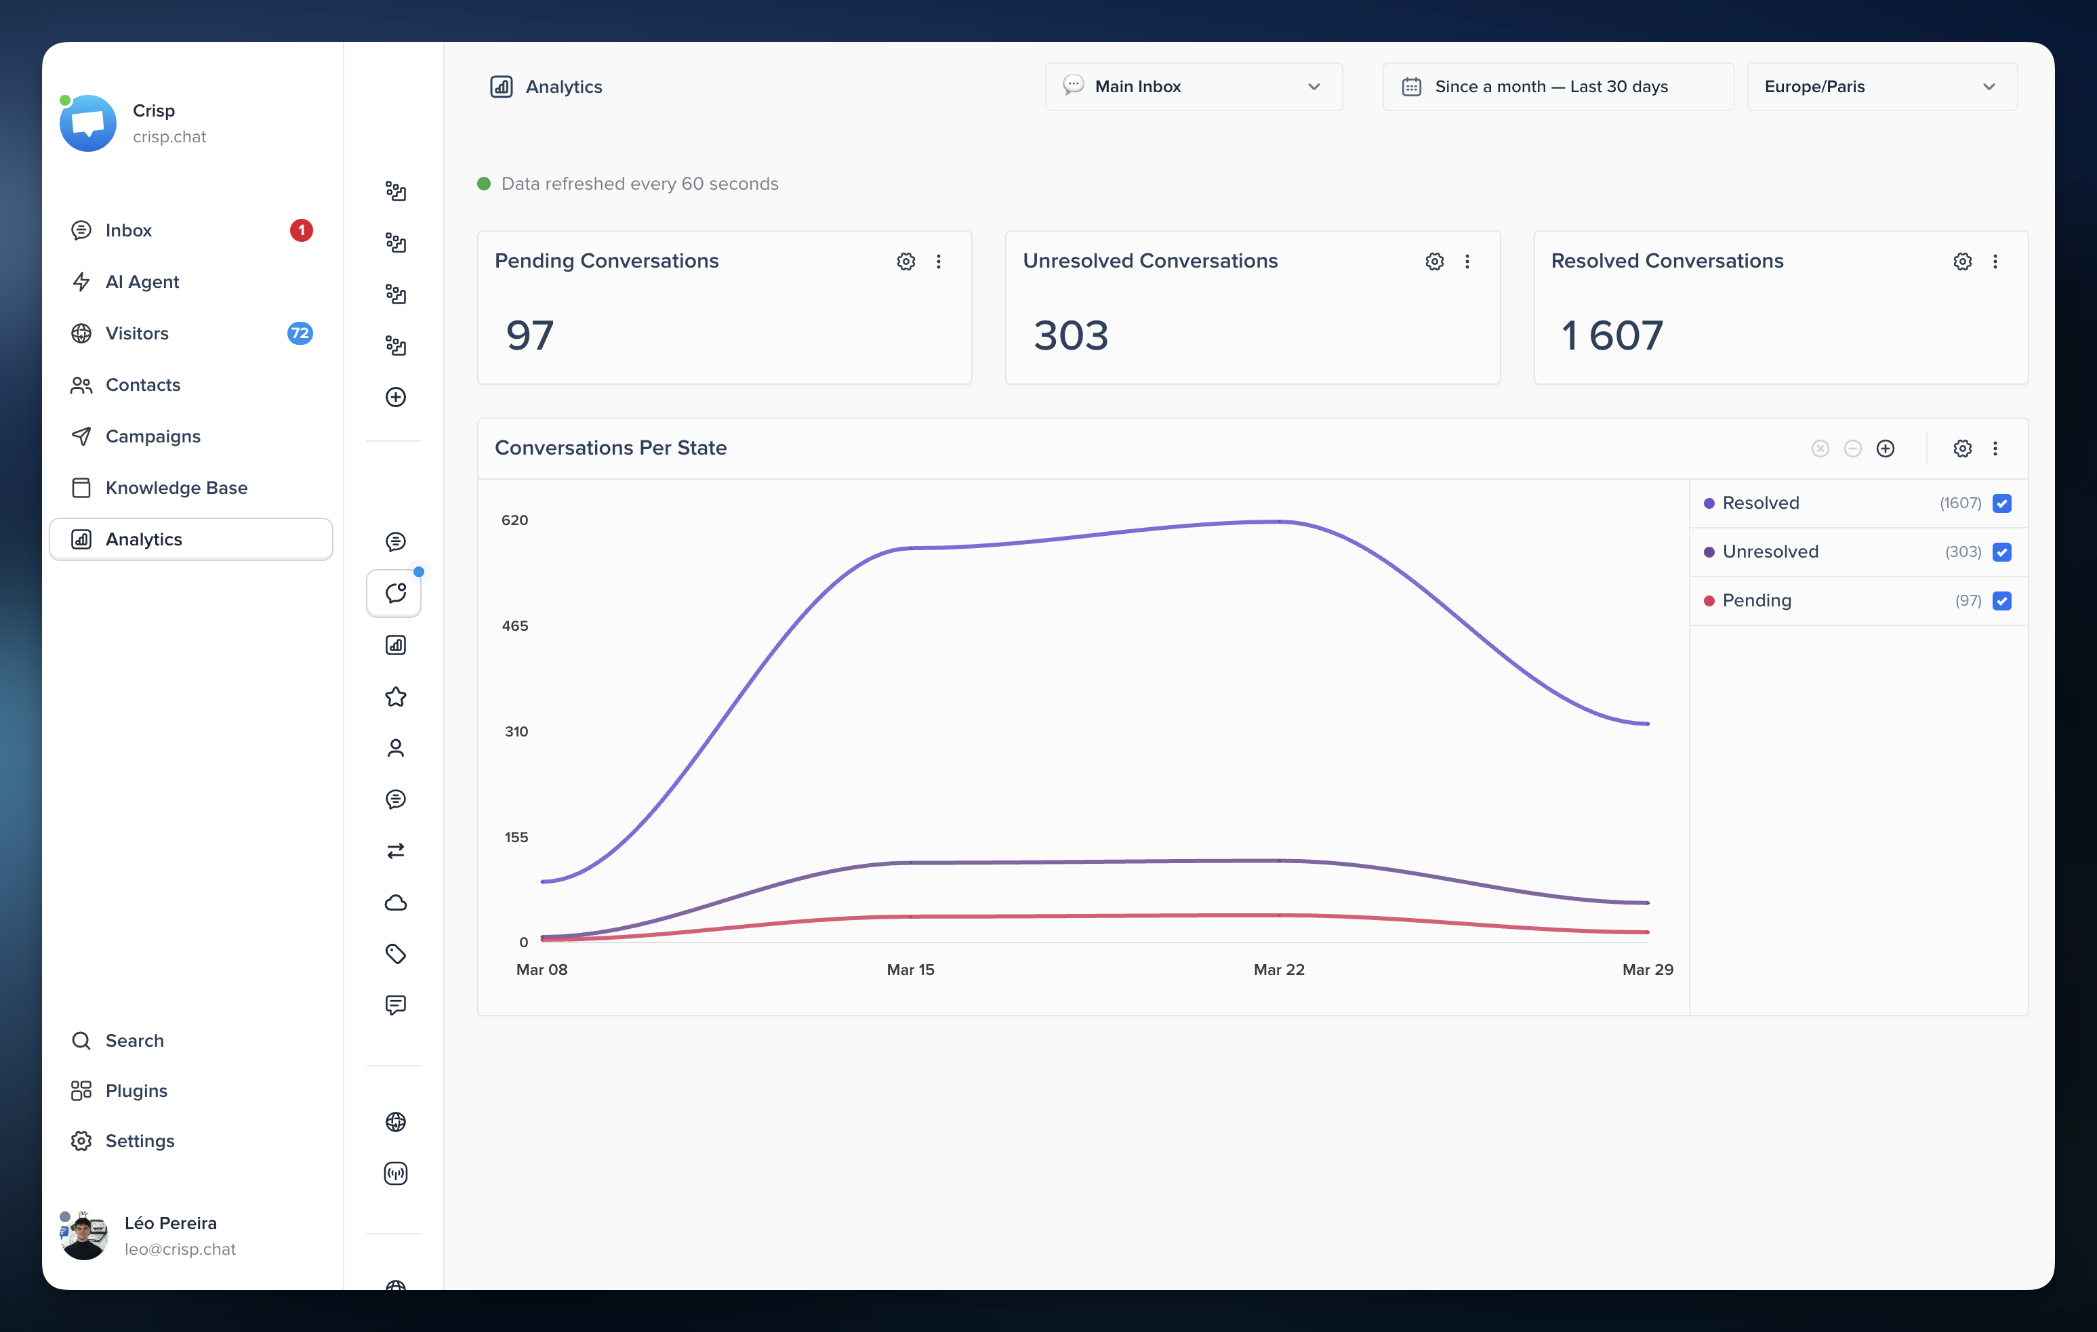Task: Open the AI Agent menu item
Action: click(x=142, y=281)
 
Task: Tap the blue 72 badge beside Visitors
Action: click(x=300, y=333)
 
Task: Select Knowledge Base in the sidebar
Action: click(x=176, y=488)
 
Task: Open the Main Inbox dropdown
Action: click(x=1192, y=86)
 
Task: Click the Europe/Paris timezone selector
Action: click(x=1881, y=86)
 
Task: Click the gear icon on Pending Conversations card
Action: click(x=905, y=261)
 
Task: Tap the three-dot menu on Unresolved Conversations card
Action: click(x=1467, y=261)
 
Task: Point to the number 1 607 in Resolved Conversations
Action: click(x=1612, y=335)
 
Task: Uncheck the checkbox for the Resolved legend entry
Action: click(x=2002, y=503)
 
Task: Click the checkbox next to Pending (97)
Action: click(x=2002, y=601)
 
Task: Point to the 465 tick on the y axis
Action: click(x=514, y=626)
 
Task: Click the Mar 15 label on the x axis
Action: click(x=910, y=969)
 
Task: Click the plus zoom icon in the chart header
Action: click(x=1886, y=449)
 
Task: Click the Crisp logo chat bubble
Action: click(x=88, y=123)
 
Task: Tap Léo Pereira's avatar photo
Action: click(x=85, y=1235)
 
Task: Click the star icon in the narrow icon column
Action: click(x=395, y=696)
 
